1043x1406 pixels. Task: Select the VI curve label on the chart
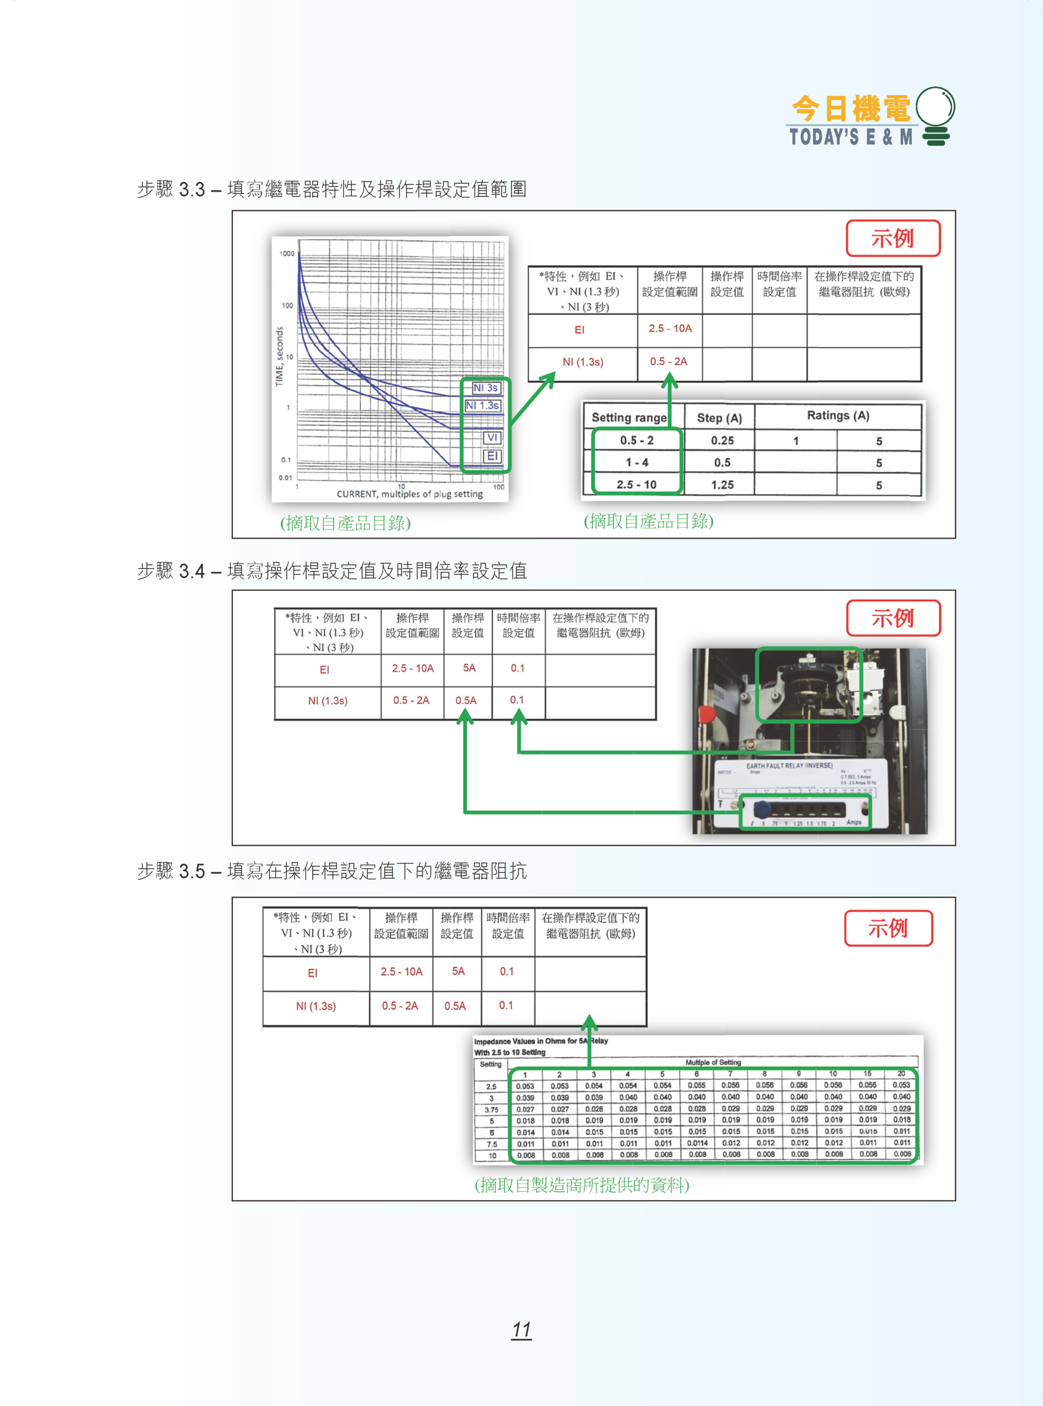[x=492, y=437]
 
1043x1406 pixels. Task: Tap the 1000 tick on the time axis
[x=287, y=253]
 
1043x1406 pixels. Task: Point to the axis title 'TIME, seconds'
[x=279, y=356]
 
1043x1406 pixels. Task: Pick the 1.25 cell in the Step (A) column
[x=722, y=484]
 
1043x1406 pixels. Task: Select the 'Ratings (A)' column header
[x=838, y=416]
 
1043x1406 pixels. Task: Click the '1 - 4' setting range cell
[x=636, y=462]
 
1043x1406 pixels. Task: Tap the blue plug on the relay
[x=762, y=808]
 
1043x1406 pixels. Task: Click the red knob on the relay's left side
[x=706, y=714]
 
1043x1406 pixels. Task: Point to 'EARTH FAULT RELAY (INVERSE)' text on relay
[x=789, y=766]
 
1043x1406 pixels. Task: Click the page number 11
[x=521, y=1329]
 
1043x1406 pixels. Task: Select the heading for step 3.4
[x=332, y=571]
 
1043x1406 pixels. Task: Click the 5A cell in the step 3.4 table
[x=469, y=668]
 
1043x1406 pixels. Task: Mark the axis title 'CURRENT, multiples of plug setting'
[x=409, y=494]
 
